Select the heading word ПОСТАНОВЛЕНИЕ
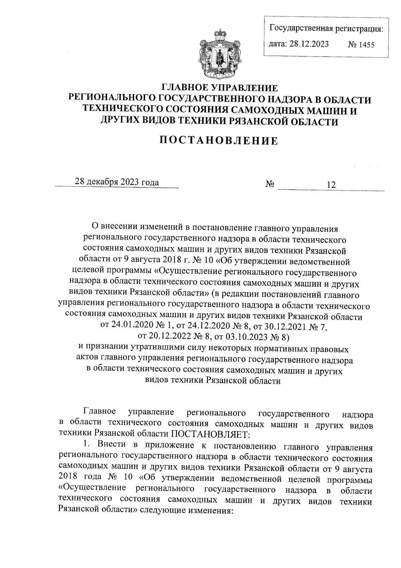coord(219,141)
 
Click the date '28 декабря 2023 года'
coord(117,182)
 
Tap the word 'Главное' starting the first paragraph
coord(100,411)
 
